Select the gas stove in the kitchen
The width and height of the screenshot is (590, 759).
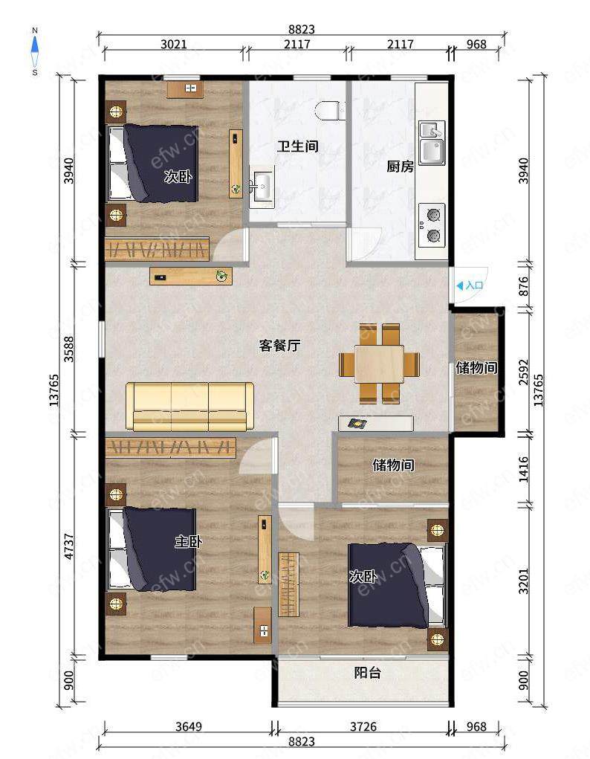[431, 225]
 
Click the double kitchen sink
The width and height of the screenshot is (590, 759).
[432, 143]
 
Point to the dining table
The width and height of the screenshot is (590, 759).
[379, 364]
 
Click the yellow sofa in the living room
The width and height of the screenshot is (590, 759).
[189, 407]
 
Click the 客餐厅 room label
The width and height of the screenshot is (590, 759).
[279, 346]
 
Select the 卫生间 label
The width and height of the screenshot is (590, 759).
[298, 146]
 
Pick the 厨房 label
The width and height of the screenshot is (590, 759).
[400, 167]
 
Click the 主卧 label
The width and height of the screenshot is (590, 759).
[188, 542]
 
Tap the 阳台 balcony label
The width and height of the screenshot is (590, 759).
[367, 673]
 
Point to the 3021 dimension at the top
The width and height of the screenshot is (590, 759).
[174, 45]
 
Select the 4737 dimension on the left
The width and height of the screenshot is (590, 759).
[69, 546]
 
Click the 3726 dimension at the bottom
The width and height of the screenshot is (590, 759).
[363, 726]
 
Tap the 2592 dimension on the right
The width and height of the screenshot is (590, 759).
[523, 372]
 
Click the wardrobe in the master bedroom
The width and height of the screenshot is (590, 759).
[170, 448]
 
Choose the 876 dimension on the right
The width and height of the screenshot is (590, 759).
[523, 286]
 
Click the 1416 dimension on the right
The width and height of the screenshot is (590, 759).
[523, 469]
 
